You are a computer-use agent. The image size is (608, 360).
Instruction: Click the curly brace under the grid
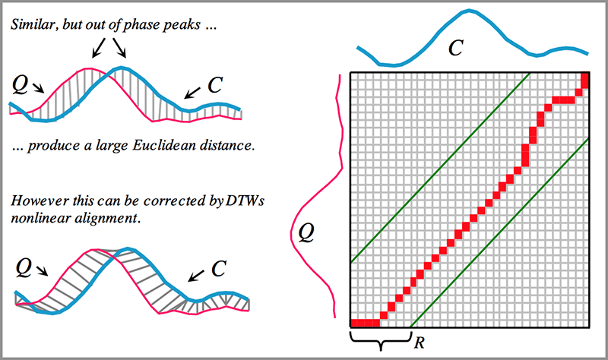(x=379, y=339)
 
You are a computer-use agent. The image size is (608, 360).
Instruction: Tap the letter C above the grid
(x=455, y=48)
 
